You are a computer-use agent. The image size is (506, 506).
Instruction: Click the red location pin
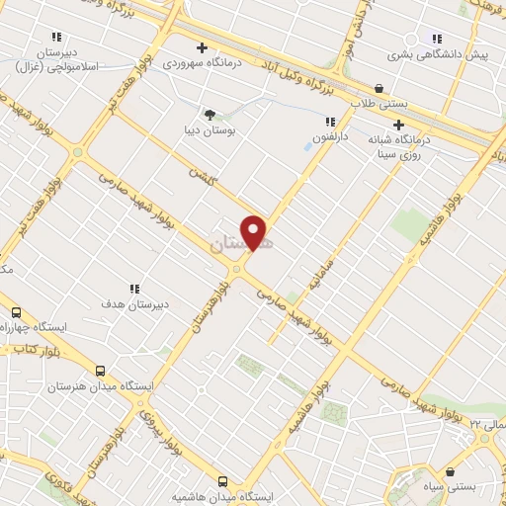[255, 232]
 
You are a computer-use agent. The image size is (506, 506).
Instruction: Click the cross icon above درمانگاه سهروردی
[202, 47]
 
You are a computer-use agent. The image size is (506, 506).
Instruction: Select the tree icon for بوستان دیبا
[209, 114]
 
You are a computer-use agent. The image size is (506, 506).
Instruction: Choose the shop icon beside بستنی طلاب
[380, 88]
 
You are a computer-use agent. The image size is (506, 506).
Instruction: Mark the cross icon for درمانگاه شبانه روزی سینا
[398, 126]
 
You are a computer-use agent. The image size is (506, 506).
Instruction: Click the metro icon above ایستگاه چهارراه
[15, 310]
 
